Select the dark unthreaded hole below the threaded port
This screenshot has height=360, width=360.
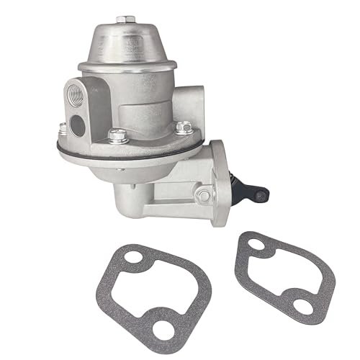click(79, 123)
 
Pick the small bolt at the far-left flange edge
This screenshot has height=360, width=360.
click(63, 130)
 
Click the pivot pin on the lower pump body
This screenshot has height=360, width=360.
click(205, 194)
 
